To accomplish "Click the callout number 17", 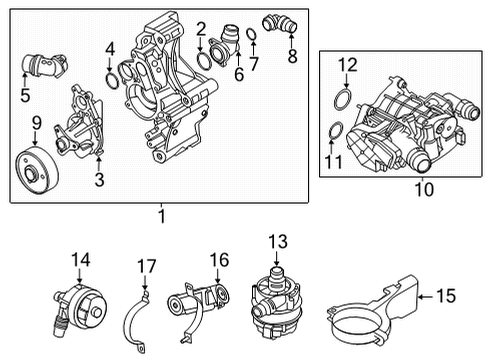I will pyautogui.click(x=147, y=266).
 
